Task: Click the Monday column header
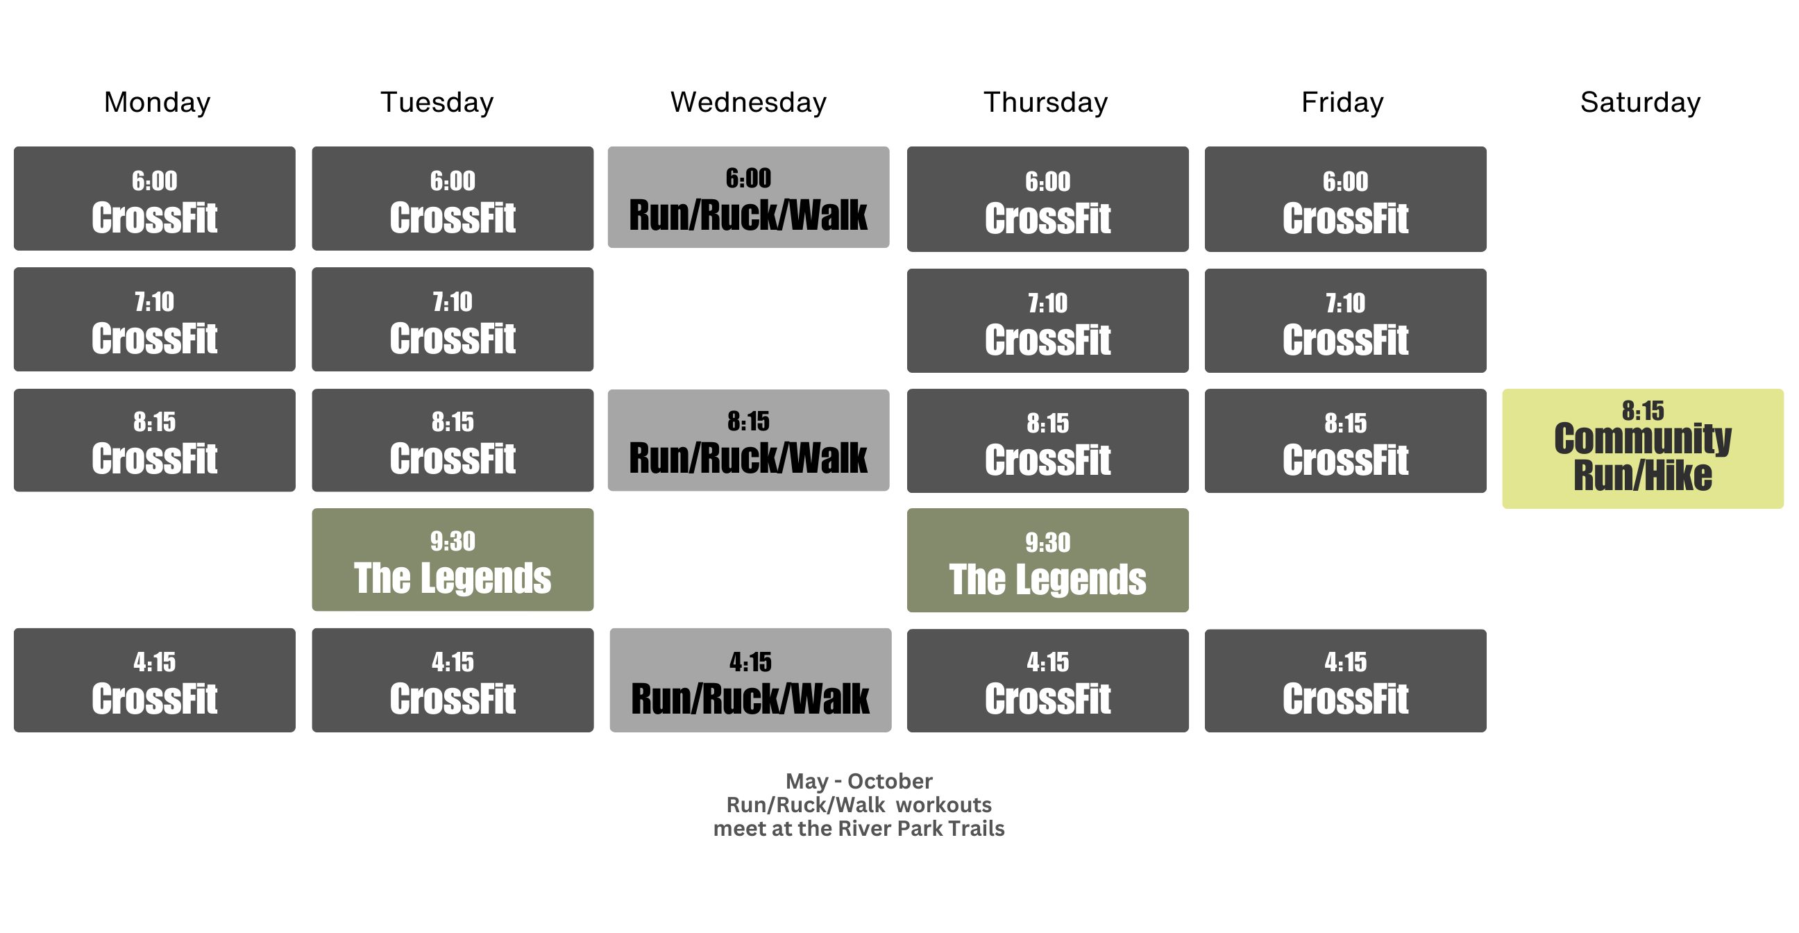[157, 103]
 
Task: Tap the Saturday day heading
[1641, 103]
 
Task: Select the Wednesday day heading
[749, 103]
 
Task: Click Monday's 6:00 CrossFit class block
[154, 199]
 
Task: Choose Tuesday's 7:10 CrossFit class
[453, 319]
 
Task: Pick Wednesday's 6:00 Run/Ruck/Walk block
[749, 197]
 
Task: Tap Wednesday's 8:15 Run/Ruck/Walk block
[749, 440]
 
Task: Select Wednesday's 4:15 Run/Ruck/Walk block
[751, 680]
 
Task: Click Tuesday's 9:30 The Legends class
[453, 560]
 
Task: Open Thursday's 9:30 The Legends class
[1047, 561]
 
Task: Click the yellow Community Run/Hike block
[1644, 449]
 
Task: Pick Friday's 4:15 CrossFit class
[1346, 681]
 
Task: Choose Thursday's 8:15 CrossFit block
[1047, 442]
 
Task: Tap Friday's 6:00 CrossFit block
[1346, 199]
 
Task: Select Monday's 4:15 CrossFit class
[154, 680]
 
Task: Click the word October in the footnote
[890, 781]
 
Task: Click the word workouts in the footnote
[943, 805]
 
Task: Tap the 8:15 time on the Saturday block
[1644, 411]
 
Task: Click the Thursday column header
[1045, 103]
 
